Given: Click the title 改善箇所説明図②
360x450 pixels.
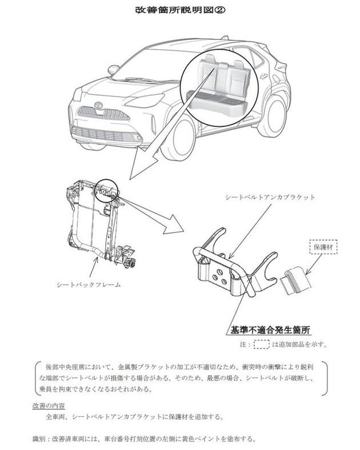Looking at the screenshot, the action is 179,10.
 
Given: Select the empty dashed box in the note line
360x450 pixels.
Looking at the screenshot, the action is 262,344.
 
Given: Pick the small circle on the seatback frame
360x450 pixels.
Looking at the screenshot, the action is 107,188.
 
